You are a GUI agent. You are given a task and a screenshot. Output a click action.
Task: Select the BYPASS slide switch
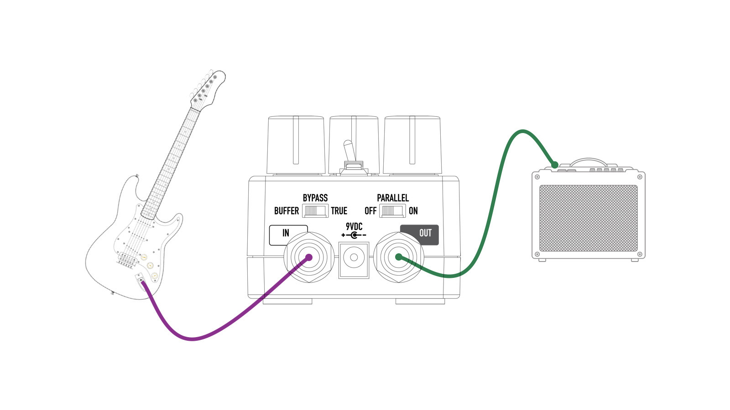tap(315, 211)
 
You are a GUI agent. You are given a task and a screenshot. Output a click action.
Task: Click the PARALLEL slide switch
tap(392, 211)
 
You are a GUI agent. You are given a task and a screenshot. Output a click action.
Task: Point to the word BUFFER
tap(286, 211)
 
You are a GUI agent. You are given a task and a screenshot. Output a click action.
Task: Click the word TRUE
tap(339, 211)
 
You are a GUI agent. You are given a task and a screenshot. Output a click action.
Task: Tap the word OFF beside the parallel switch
tap(370, 211)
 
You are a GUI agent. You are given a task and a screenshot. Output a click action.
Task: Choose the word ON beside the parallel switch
tap(413, 211)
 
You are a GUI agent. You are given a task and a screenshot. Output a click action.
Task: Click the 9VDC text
tap(354, 226)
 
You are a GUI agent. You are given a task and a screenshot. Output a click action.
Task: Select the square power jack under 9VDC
tap(354, 258)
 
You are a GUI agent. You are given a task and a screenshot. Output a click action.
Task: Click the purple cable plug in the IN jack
tap(308, 257)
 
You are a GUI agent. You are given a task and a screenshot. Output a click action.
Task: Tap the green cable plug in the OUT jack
tap(398, 257)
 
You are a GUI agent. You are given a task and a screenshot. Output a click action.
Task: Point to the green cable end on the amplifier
tap(554, 164)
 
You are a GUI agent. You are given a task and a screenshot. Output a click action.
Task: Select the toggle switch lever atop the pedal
tap(348, 150)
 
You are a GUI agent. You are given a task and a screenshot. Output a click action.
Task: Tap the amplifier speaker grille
tap(588, 218)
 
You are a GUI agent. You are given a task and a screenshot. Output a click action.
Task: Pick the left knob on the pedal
tap(296, 143)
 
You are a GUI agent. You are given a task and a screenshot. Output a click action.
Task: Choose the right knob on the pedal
tap(412, 143)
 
